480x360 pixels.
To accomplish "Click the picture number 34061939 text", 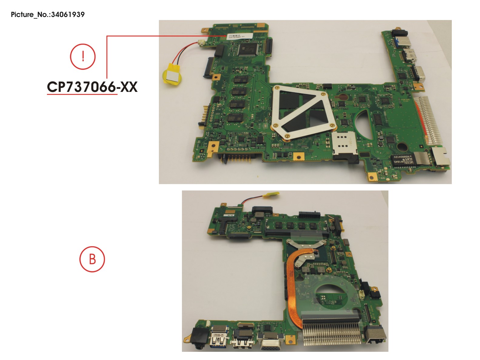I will (48, 15).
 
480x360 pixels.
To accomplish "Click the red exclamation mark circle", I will (83, 56).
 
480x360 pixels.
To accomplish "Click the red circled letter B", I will (92, 259).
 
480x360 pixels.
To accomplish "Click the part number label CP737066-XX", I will (92, 87).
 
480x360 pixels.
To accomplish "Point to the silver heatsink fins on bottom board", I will (332, 334).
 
